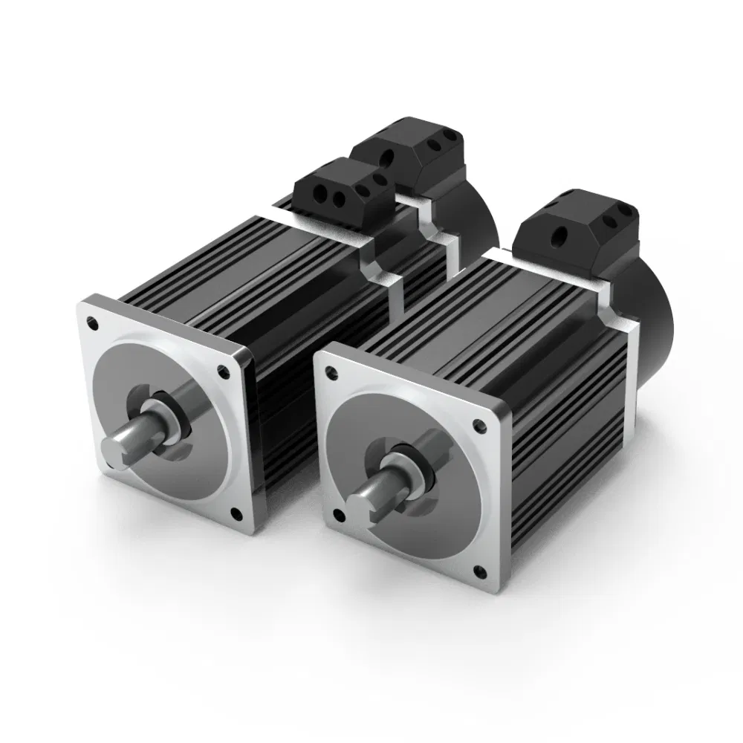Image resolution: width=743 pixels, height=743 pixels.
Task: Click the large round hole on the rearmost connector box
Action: [387, 158]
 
